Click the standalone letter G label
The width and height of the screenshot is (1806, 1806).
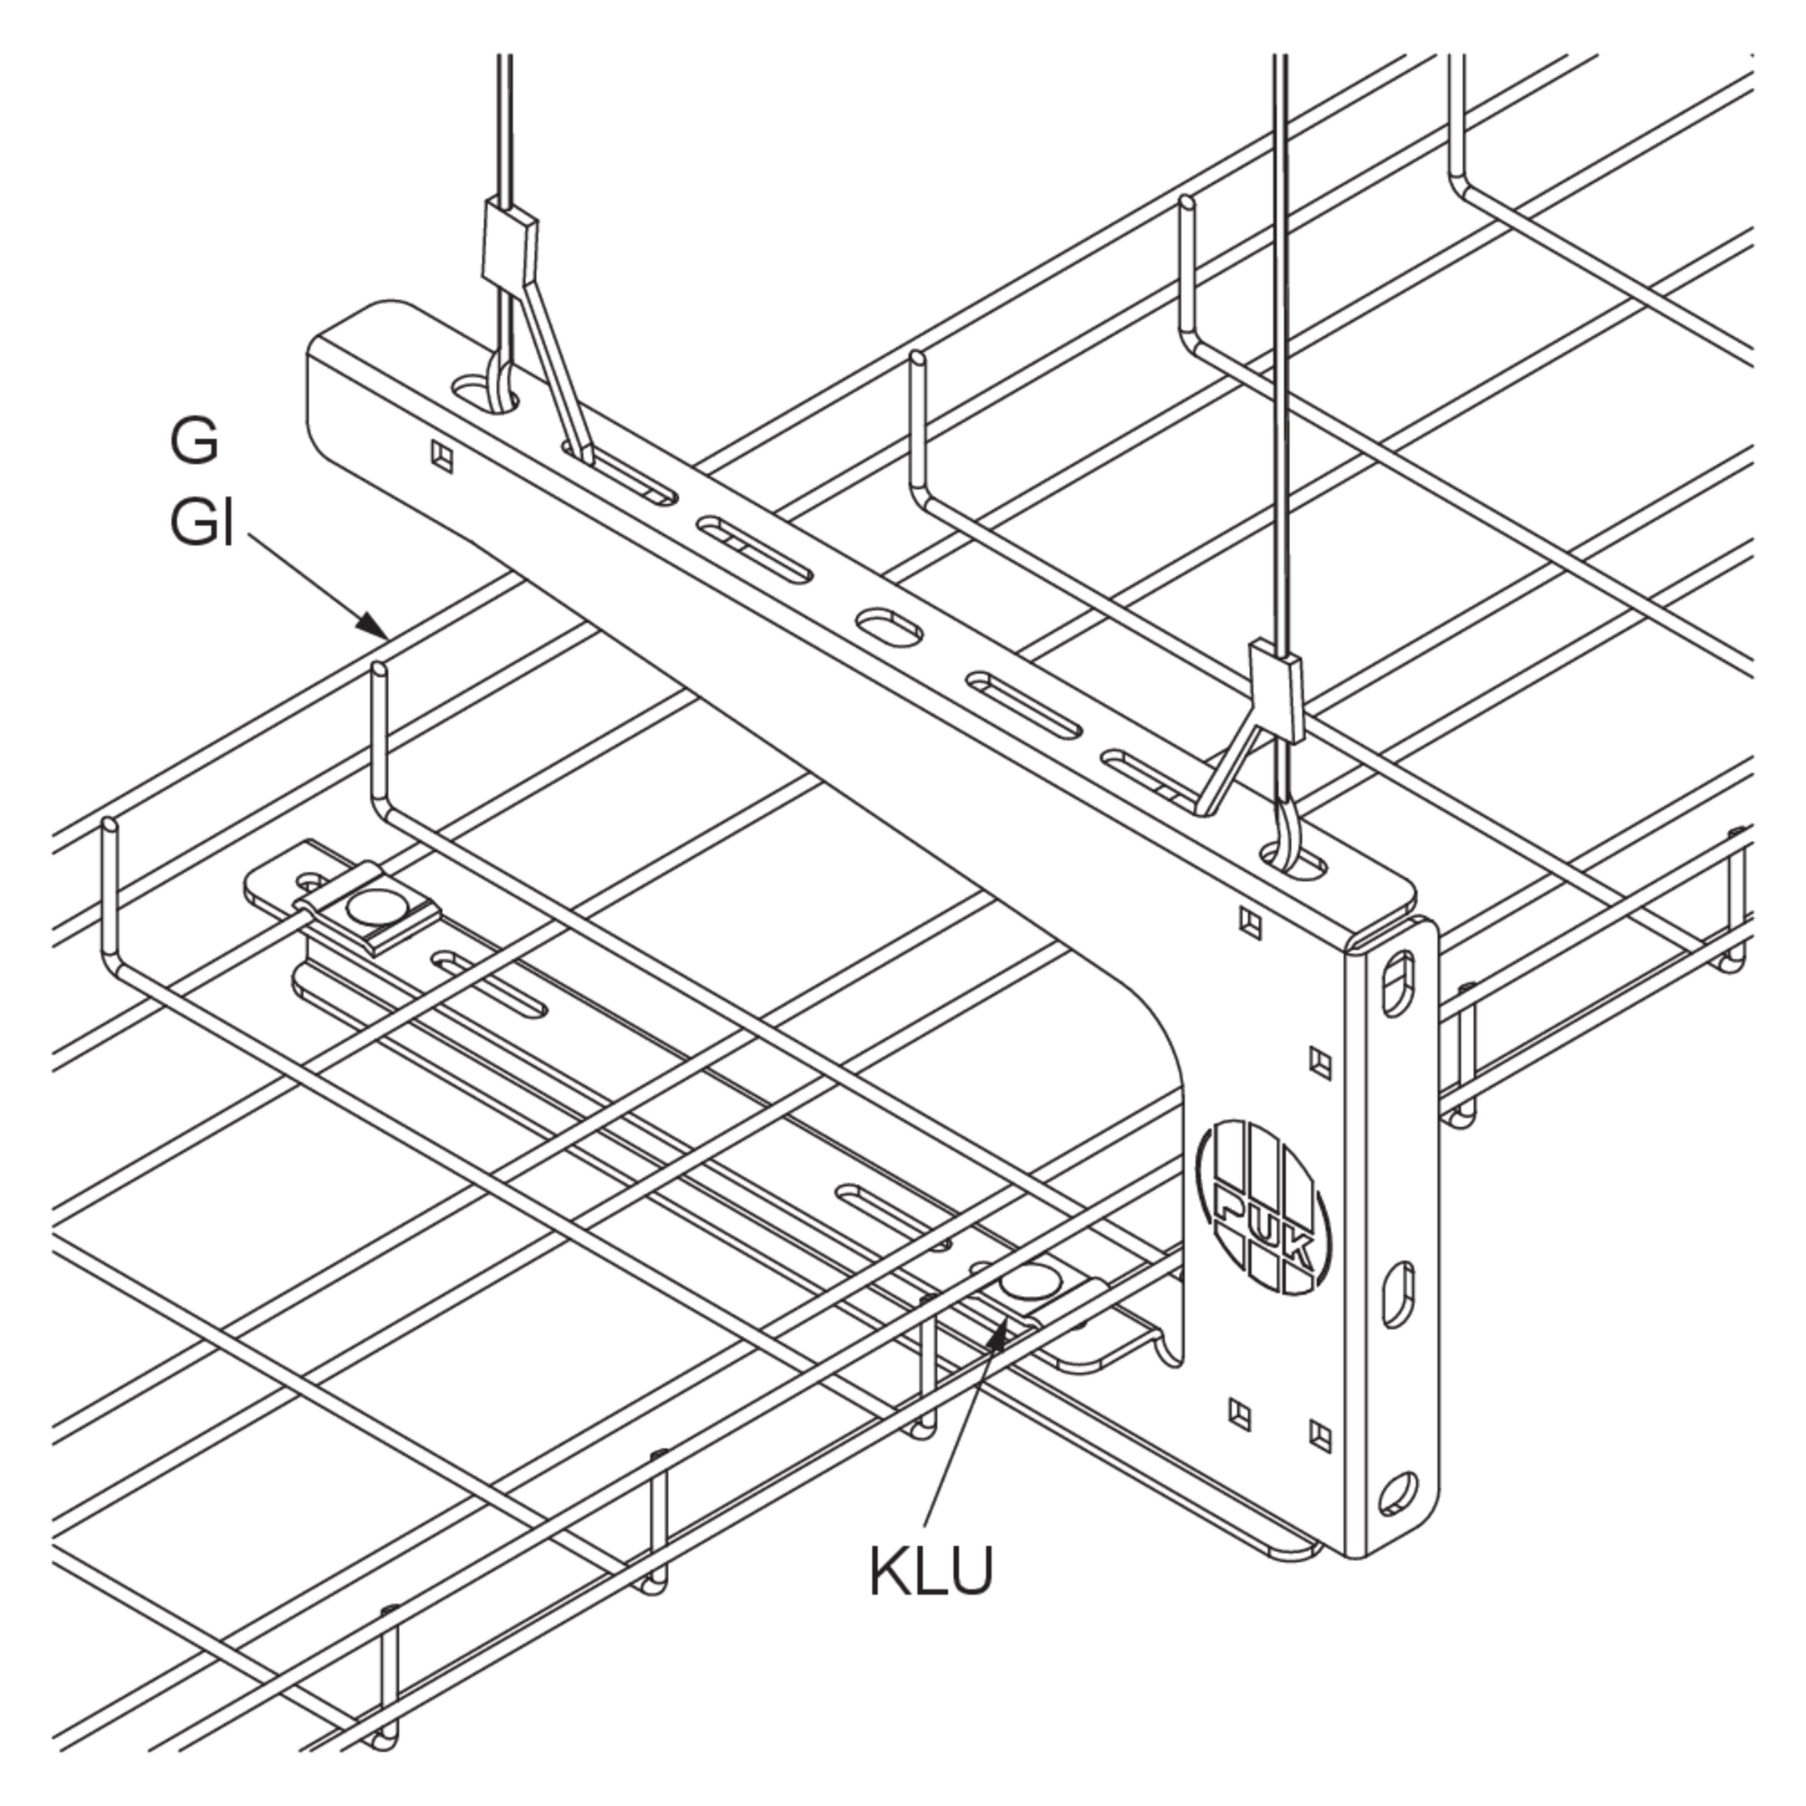pyautogui.click(x=195, y=441)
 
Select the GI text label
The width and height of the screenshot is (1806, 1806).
pyautogui.click(x=201, y=522)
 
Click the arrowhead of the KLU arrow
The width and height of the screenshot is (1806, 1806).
pyautogui.click(x=1000, y=1334)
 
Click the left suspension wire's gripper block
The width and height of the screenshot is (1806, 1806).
pyautogui.click(x=510, y=241)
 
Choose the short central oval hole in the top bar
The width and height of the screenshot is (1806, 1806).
pyautogui.click(x=889, y=625)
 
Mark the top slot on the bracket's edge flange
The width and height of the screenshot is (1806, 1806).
pyautogui.click(x=1396, y=983)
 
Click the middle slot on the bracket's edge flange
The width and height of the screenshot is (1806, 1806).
pyautogui.click(x=1397, y=1294)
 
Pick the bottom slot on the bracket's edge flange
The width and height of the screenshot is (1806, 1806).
pyautogui.click(x=1396, y=1492)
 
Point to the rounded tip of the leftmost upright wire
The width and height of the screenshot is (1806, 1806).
pyautogui.click(x=110, y=825)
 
